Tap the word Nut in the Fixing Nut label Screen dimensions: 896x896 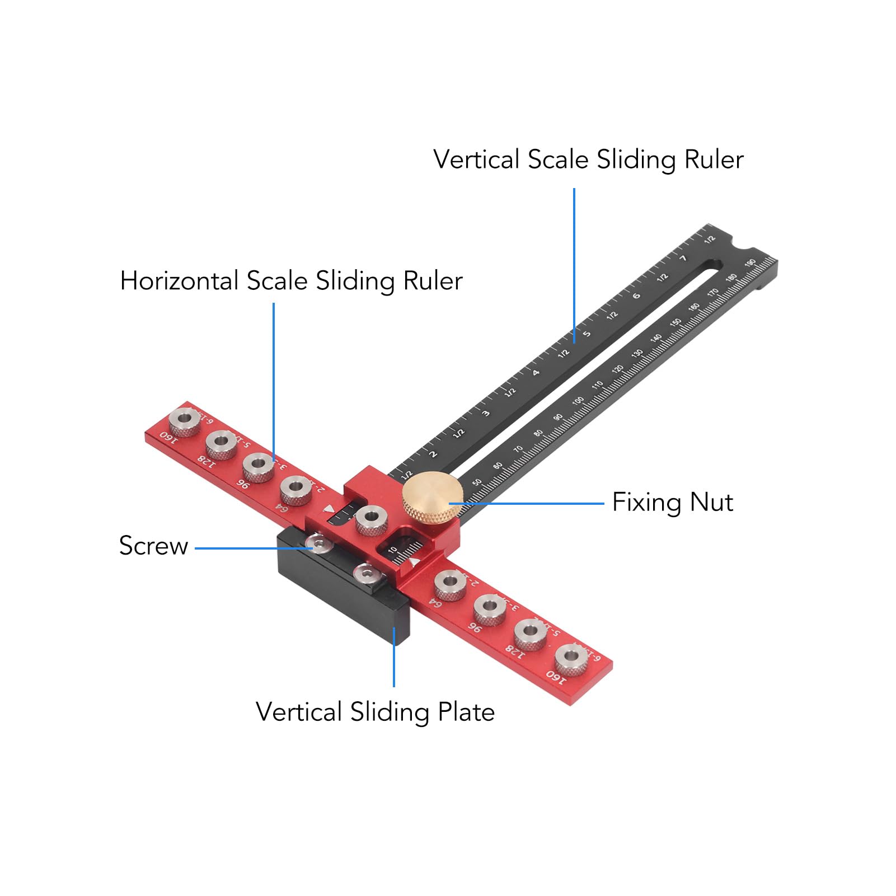point(711,502)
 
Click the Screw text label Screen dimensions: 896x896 point(153,546)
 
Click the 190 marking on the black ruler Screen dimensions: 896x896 point(750,263)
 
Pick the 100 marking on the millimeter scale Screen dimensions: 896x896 point(578,401)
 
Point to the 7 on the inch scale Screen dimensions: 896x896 point(683,258)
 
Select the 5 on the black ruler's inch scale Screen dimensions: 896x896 point(587,334)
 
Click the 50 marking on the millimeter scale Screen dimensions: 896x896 point(477,482)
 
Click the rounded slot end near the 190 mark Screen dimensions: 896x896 point(714,265)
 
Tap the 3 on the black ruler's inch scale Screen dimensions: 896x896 point(486,414)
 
